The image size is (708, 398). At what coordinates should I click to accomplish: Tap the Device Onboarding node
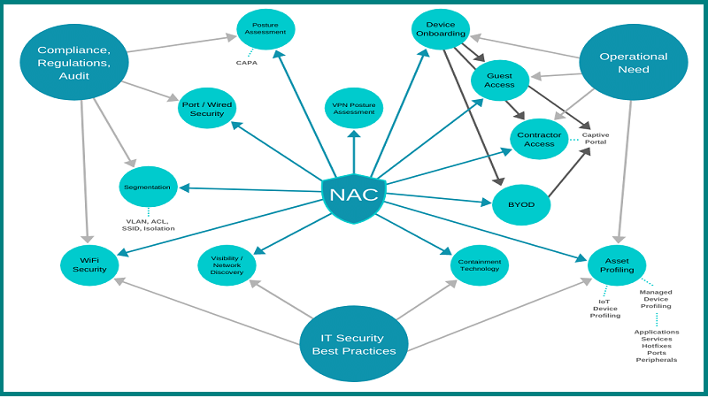point(440,29)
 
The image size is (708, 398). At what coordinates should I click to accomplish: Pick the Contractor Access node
point(539,138)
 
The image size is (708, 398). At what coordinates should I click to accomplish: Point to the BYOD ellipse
point(520,203)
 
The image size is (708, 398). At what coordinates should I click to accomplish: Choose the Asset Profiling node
point(617,264)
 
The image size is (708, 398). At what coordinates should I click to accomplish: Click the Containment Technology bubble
point(479,264)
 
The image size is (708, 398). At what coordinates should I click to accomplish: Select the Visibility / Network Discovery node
point(227,264)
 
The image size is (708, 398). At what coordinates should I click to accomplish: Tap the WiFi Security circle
point(89,264)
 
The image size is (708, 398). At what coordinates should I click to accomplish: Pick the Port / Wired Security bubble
point(207,107)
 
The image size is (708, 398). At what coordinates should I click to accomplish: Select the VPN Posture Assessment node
point(354,107)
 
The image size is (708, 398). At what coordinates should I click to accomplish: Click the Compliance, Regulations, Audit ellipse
point(75,62)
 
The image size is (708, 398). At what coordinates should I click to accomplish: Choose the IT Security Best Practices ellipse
point(353,344)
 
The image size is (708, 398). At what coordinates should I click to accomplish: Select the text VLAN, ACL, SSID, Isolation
point(149,224)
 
